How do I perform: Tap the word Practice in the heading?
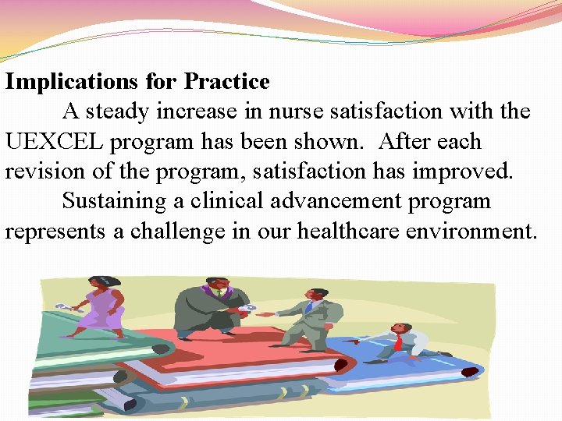tap(227, 82)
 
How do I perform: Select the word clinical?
tap(227, 201)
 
